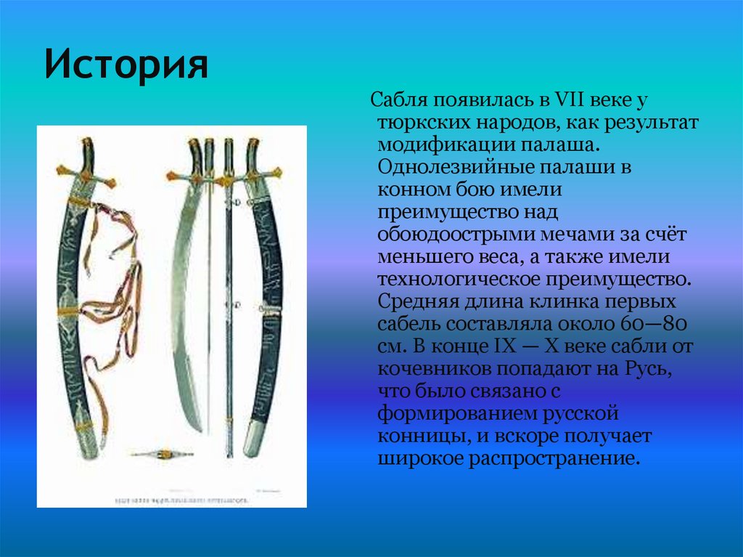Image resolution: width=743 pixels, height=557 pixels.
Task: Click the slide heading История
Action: (126, 65)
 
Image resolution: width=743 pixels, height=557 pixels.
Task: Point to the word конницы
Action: (414, 437)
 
